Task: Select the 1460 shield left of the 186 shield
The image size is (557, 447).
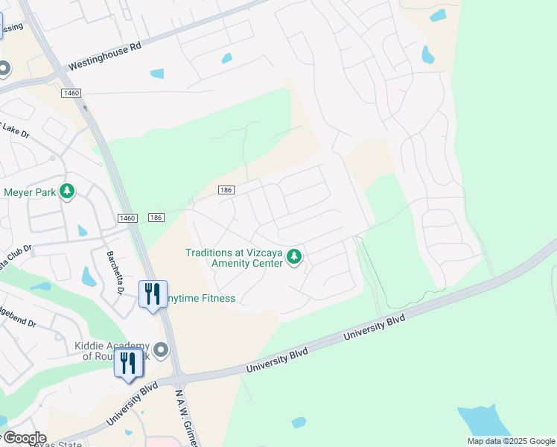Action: pos(127,217)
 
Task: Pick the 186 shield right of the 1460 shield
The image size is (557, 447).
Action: pos(156,217)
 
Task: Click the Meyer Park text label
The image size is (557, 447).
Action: pos(30,191)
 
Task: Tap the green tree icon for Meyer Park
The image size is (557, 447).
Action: pos(68,191)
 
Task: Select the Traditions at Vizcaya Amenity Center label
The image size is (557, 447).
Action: pos(235,258)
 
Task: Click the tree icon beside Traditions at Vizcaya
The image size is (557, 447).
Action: pos(295,258)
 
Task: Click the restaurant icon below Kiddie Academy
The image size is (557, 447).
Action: pos(128,363)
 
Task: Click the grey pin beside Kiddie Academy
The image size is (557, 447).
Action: pos(160,349)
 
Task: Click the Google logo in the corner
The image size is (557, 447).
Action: pos(24,438)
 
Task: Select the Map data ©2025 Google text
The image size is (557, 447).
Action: pos(511,441)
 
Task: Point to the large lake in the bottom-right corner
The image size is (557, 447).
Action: pos(484,421)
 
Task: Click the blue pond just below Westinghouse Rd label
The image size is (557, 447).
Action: pos(157,74)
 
